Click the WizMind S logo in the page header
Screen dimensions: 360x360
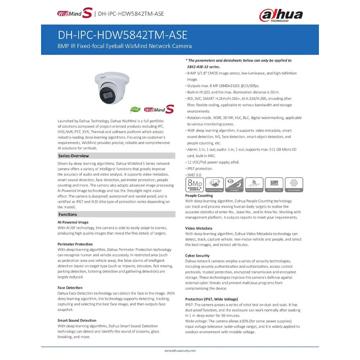click(x=75, y=14)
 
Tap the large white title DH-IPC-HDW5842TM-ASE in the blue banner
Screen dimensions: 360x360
click(x=123, y=35)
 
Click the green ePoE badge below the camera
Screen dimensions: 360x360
click(x=135, y=109)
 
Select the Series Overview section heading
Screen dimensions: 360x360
click(x=73, y=156)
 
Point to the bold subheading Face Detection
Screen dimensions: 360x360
click(x=70, y=288)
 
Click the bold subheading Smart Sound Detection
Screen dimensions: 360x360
click(x=77, y=320)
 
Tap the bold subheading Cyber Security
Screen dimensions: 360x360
click(x=197, y=256)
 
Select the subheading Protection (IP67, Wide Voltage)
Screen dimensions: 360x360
click(x=211, y=299)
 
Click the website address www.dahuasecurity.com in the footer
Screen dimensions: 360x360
click(x=180, y=350)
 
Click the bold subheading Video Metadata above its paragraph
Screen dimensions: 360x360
click(x=199, y=228)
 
